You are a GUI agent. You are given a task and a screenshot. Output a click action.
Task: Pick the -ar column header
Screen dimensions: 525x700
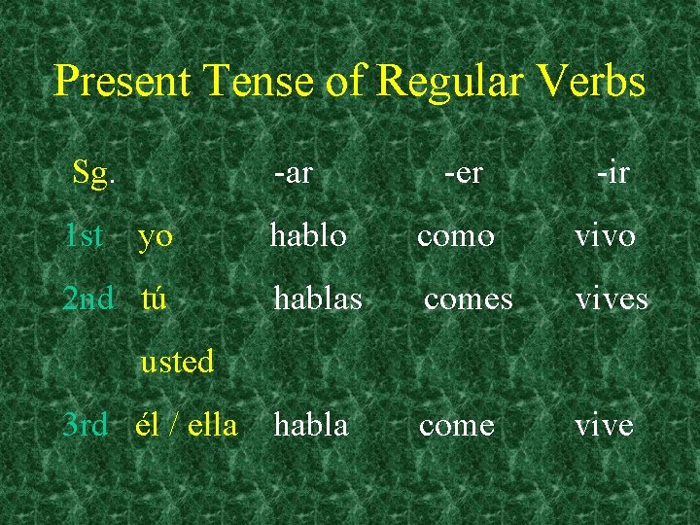pos(293,173)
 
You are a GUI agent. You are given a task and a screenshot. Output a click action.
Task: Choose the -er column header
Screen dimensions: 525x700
pos(463,173)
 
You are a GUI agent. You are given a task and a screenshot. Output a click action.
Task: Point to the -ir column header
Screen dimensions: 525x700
pos(612,173)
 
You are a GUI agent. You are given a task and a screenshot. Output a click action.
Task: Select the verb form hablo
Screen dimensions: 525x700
pos(308,235)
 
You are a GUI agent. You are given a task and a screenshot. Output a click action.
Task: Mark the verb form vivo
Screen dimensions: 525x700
pos(605,236)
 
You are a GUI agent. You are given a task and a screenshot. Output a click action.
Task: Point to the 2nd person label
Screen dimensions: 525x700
pos(87,298)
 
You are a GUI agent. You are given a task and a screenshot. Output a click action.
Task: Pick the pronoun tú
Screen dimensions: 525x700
pos(154,298)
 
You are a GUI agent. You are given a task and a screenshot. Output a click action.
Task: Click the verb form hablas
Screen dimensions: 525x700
pos(318,298)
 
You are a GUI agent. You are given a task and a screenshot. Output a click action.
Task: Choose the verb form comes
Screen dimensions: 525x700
pos(468,299)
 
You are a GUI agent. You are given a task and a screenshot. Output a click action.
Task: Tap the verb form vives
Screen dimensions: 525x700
pos(612,298)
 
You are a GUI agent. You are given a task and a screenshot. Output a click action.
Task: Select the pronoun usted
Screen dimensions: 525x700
pos(177,362)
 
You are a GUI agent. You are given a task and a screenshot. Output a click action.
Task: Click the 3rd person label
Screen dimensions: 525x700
pos(85,425)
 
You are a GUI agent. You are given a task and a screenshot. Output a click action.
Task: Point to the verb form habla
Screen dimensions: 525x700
pos(311,425)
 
